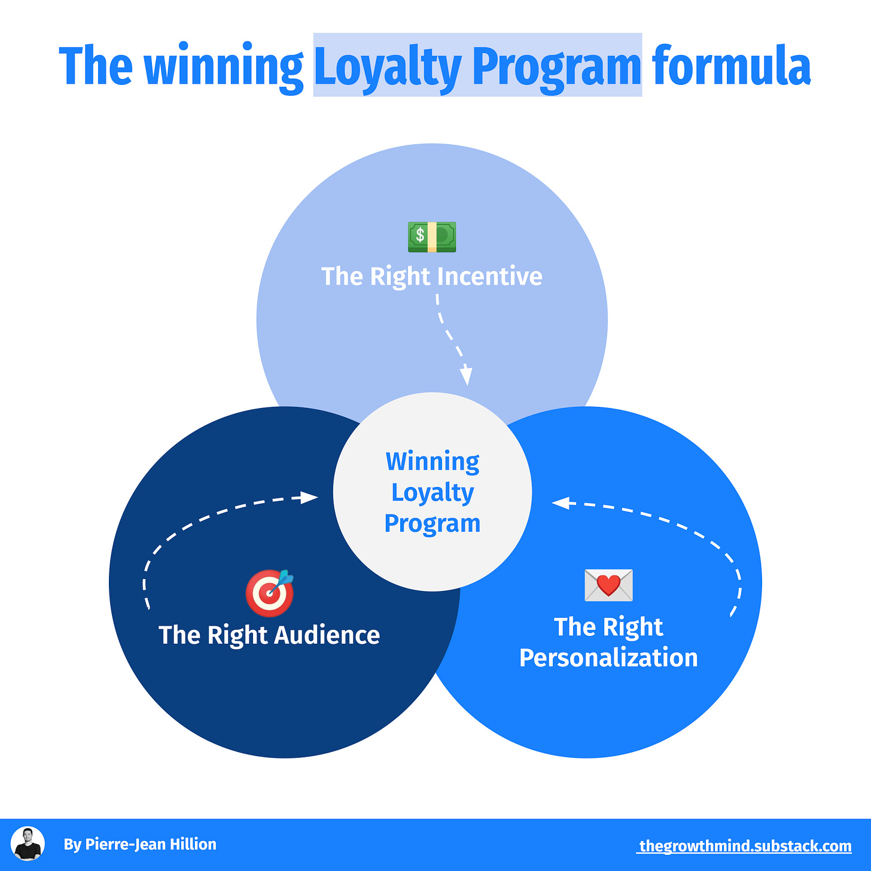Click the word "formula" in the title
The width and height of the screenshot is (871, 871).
[x=731, y=66]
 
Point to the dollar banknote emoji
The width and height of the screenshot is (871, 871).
[x=432, y=237]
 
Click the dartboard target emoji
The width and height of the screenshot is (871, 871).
[x=270, y=593]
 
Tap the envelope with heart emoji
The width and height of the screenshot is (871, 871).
[x=608, y=585]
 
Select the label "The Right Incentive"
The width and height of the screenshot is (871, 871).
[x=432, y=276]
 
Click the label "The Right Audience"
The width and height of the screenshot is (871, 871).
[x=269, y=635]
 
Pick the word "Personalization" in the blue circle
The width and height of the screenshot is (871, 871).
[x=608, y=658]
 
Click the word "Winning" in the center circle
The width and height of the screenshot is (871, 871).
[x=433, y=462]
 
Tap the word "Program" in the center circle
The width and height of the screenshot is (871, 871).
[x=433, y=523]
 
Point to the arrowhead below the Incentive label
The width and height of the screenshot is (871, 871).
[x=467, y=377]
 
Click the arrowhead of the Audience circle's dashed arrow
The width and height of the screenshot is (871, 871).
[x=309, y=497]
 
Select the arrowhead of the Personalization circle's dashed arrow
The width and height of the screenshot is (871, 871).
[x=560, y=504]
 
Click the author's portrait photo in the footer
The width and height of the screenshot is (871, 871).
[x=28, y=843]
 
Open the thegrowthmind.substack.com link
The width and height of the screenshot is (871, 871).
[x=745, y=846]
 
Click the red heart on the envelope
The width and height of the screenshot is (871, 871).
[x=608, y=584]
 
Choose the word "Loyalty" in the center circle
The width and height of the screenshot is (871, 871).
[x=433, y=492]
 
